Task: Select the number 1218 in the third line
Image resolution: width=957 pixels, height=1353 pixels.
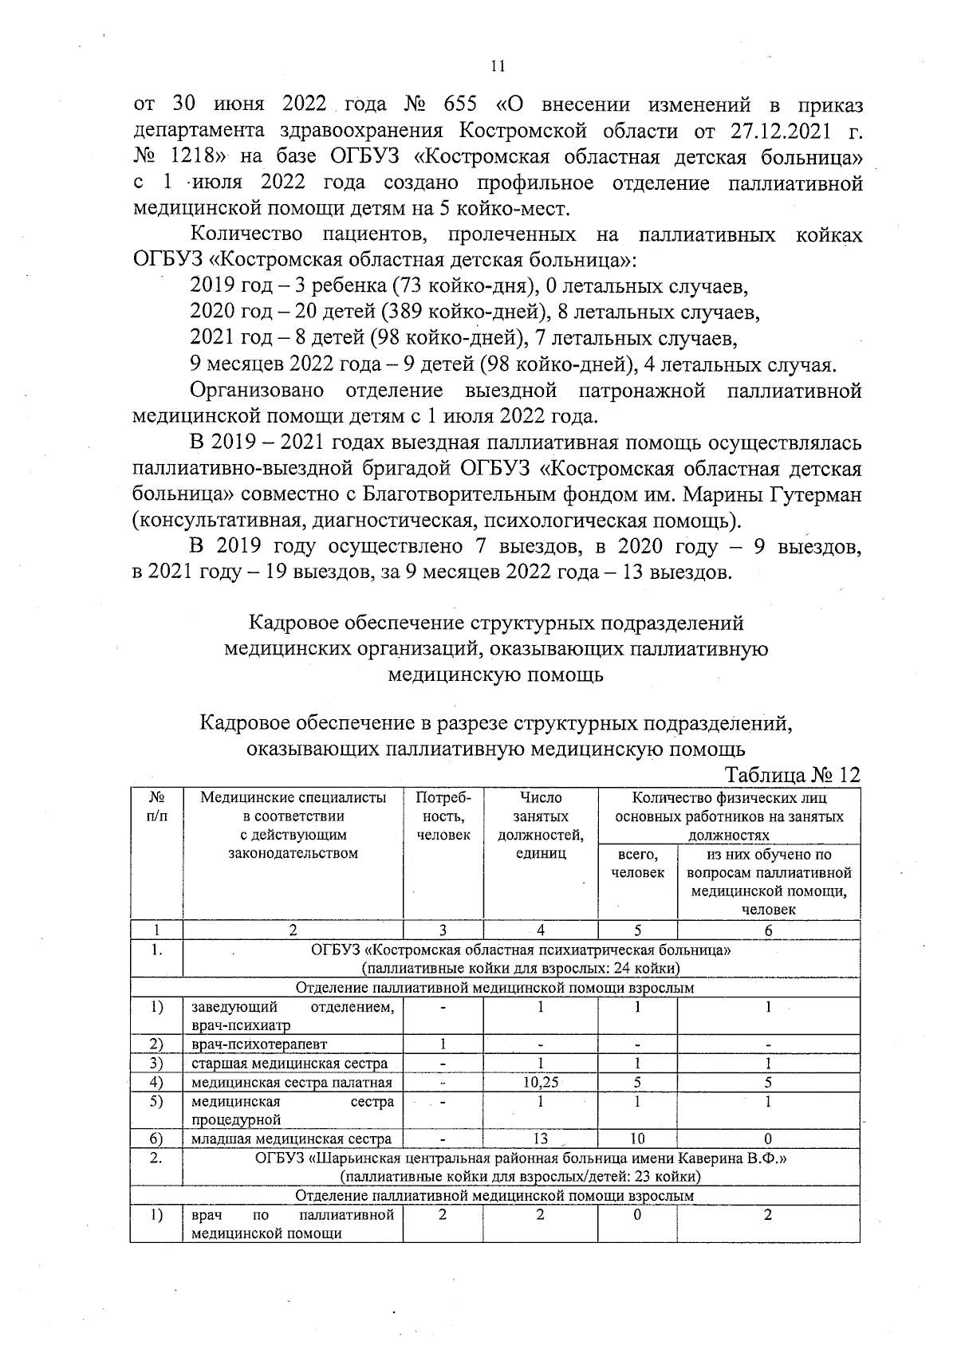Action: [190, 157]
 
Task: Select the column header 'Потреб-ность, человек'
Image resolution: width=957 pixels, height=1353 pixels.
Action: [443, 816]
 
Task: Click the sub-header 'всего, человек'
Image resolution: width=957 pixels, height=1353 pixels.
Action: [637, 863]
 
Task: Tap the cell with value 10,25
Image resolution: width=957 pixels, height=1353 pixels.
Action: [540, 1083]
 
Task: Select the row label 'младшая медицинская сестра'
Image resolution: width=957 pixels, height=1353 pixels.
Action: [291, 1139]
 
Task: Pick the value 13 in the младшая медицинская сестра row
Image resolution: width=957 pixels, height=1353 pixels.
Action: [540, 1139]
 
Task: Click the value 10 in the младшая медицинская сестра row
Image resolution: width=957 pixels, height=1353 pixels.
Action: [637, 1139]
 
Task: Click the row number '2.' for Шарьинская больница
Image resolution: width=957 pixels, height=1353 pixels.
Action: [156, 1158]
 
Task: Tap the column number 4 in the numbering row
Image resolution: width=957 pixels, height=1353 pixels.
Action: [540, 930]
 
